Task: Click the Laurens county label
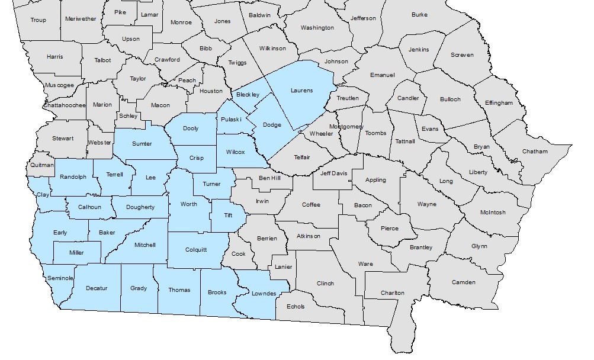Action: tap(301, 91)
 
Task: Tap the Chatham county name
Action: tap(535, 152)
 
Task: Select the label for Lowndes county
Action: tap(264, 294)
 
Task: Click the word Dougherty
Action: tap(141, 207)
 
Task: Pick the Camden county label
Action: tap(464, 282)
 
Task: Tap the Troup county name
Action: tap(38, 20)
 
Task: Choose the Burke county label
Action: tap(419, 14)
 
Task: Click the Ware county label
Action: tap(365, 263)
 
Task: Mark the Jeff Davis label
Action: tap(333, 173)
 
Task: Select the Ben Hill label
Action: tap(269, 178)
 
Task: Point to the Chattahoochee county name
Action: tap(65, 105)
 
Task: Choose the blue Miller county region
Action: tap(76, 253)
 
